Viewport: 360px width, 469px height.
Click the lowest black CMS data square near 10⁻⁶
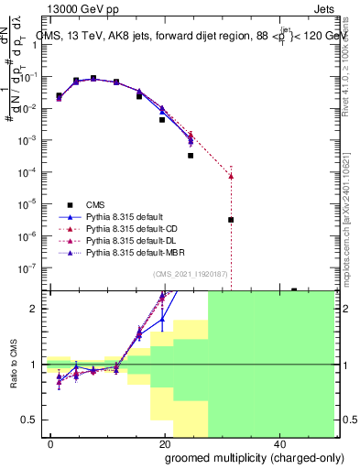(x=231, y=220)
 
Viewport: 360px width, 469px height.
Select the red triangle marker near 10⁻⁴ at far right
(x=231, y=176)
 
